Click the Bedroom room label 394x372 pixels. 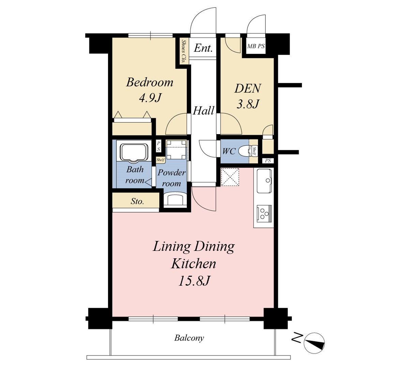(150, 83)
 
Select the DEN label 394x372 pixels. (248, 88)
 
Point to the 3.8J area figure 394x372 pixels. (248, 104)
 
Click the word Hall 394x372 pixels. (203, 111)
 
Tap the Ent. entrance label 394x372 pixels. (203, 48)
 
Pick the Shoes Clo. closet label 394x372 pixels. (184, 51)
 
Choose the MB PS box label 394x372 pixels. (256, 46)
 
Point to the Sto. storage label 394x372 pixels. (137, 201)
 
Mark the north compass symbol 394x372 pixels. (314, 343)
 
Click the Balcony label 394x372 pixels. (189, 338)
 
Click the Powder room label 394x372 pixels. (171, 178)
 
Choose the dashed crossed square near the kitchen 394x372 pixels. (230, 177)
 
